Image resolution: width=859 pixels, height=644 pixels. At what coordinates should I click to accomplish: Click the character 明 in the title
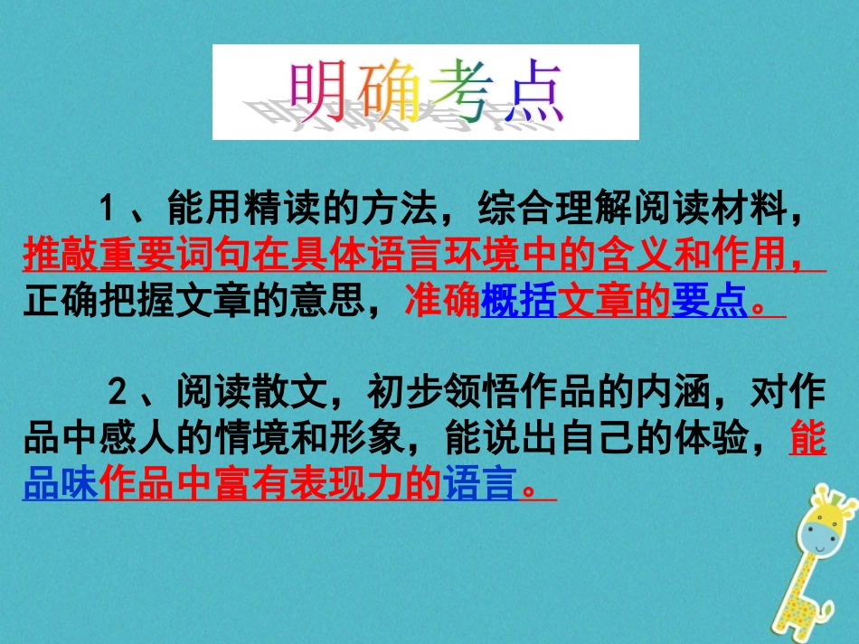[x=321, y=92]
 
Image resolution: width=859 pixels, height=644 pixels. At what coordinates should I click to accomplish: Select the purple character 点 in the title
[x=533, y=92]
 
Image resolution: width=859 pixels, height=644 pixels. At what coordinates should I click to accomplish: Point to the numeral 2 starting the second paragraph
[x=117, y=395]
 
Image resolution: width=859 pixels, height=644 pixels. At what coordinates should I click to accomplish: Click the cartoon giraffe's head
[x=828, y=528]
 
